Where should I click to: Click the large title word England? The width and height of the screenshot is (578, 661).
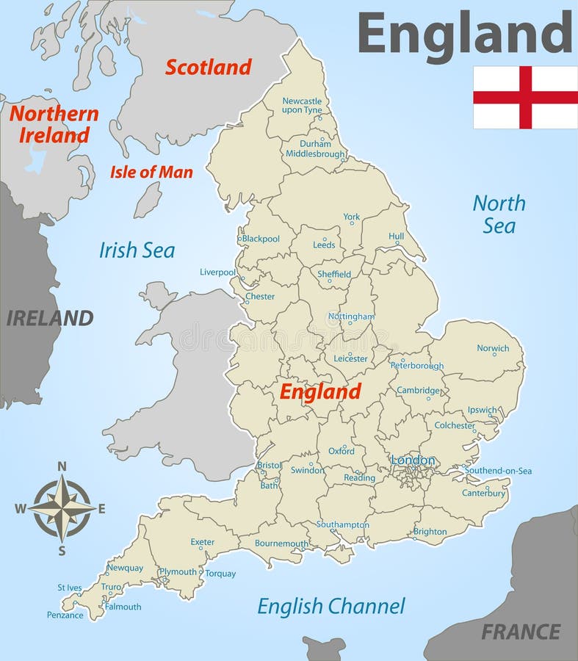click(x=464, y=33)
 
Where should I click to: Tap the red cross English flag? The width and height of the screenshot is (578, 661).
click(x=524, y=97)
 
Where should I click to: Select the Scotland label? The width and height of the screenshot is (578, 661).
click(x=208, y=67)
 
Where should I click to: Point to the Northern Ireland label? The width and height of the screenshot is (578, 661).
click(x=53, y=124)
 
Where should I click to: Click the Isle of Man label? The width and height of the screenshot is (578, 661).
click(x=151, y=173)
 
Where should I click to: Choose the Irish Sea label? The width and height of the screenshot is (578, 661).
click(x=137, y=250)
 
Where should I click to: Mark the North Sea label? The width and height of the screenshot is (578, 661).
click(x=499, y=214)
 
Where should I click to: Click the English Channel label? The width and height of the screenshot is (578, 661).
click(x=330, y=606)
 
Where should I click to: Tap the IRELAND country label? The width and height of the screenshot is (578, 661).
click(x=50, y=318)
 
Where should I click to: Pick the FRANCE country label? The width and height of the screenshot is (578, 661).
click(x=521, y=631)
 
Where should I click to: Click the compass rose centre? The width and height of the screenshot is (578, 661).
click(x=62, y=508)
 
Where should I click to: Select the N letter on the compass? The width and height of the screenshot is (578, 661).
click(x=62, y=466)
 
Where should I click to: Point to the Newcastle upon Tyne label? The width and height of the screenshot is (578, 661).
click(x=302, y=105)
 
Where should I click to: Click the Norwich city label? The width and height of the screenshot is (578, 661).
click(x=493, y=348)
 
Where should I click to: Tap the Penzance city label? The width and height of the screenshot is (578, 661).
click(x=65, y=615)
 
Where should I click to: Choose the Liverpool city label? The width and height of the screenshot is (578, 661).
click(x=217, y=272)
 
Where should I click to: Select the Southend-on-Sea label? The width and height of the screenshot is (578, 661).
click(x=498, y=471)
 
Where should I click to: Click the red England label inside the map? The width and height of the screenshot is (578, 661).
click(x=320, y=391)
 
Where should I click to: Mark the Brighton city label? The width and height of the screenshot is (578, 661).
click(x=430, y=532)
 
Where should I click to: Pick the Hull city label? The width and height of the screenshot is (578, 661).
click(x=397, y=236)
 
